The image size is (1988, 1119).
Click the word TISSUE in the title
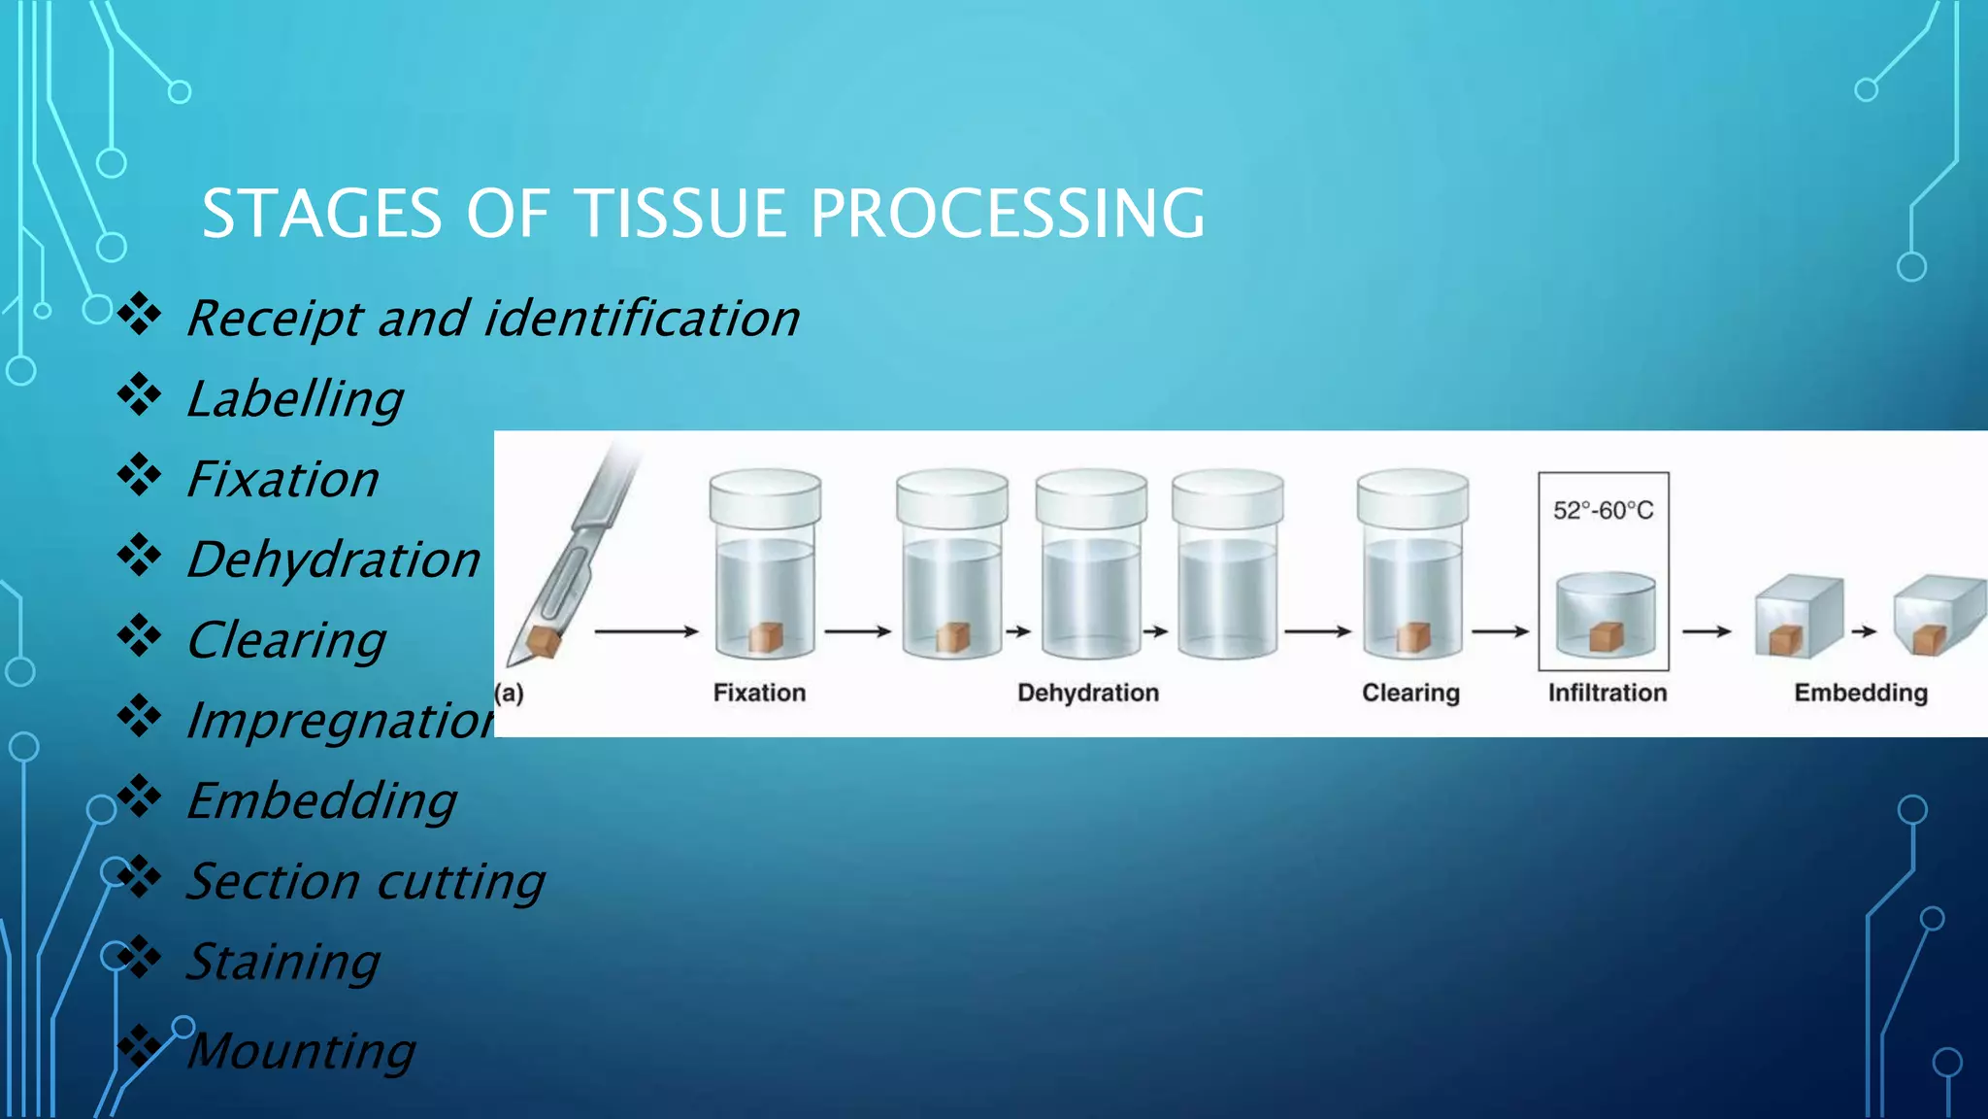(x=680, y=214)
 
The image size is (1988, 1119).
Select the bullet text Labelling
(x=295, y=399)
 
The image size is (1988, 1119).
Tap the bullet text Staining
(x=282, y=962)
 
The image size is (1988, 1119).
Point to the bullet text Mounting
(x=301, y=1051)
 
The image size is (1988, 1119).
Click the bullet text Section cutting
(x=365, y=881)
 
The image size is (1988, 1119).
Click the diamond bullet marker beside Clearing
(x=140, y=636)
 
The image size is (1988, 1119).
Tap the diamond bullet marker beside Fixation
(x=140, y=475)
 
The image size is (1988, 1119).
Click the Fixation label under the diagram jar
(x=759, y=693)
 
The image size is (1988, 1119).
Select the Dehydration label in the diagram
(x=1087, y=693)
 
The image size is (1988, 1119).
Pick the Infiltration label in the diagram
(x=1607, y=693)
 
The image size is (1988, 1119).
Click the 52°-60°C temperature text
(x=1603, y=511)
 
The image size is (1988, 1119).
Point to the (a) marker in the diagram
(x=509, y=694)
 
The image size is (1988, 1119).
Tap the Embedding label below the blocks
(x=1860, y=693)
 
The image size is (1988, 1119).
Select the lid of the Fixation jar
(x=765, y=496)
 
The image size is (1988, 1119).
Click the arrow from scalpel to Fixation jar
(x=646, y=631)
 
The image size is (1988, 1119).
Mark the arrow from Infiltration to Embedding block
(x=1706, y=631)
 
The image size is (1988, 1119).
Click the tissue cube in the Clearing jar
(x=1413, y=637)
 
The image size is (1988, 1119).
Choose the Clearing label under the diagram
(x=1409, y=693)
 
